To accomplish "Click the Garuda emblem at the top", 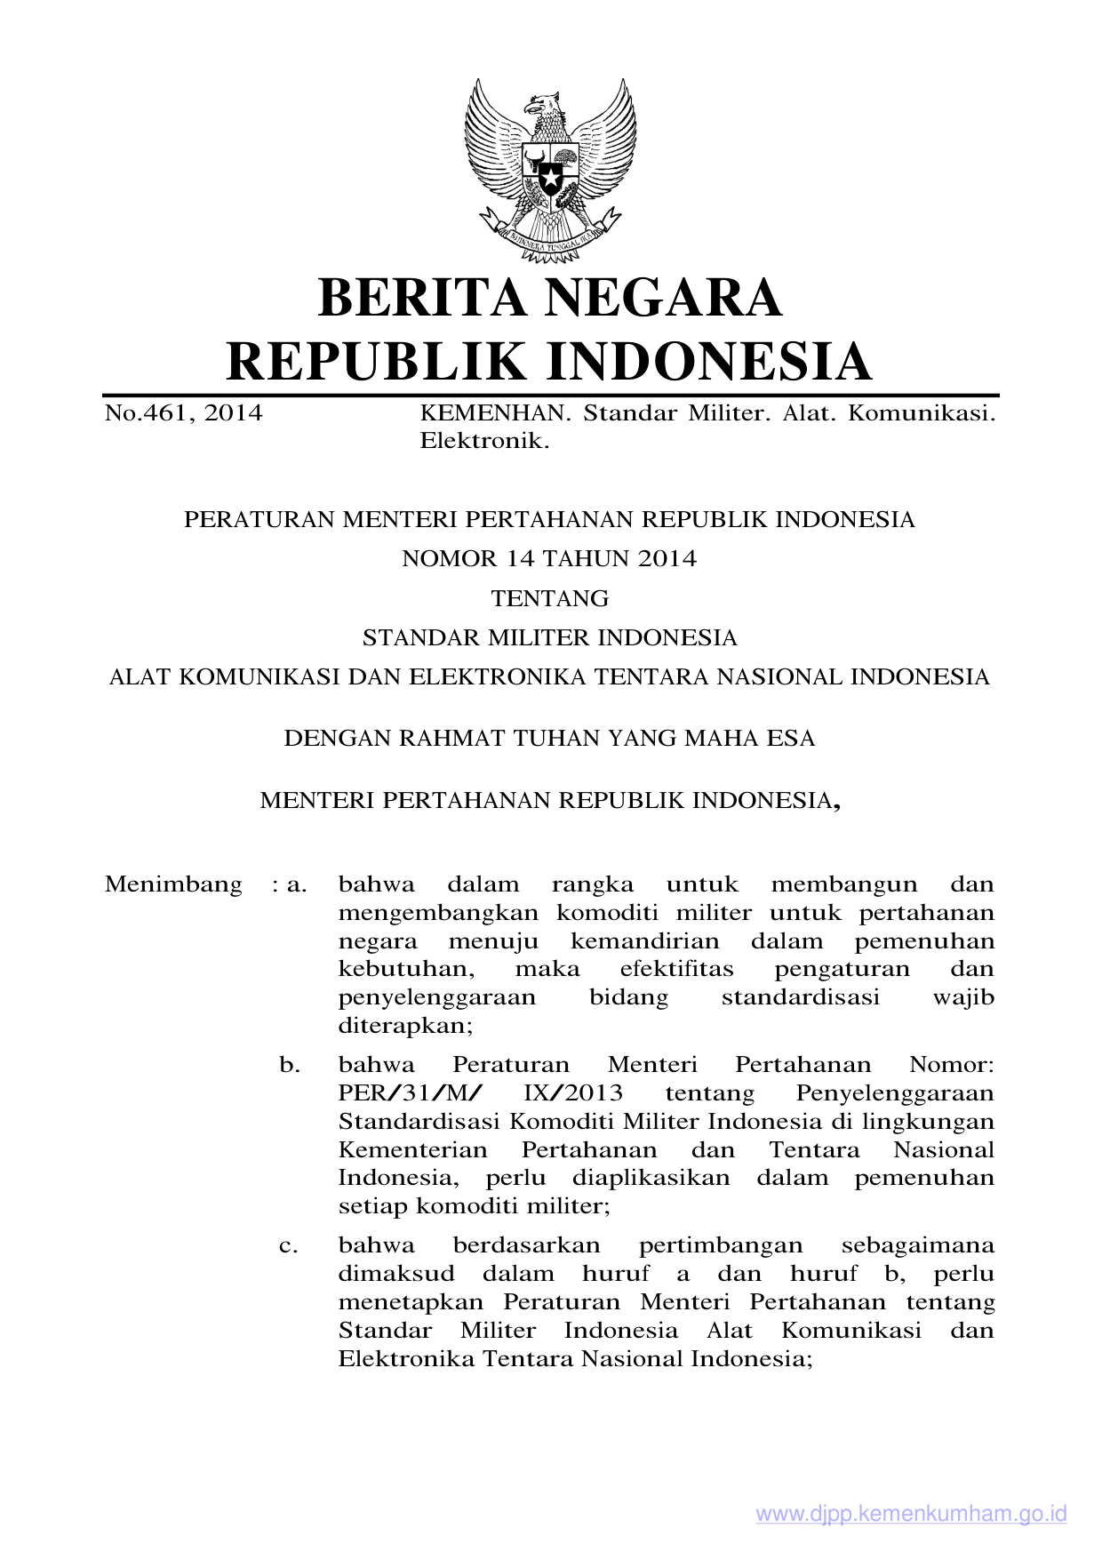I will pos(550,170).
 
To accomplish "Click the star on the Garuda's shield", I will pos(550,179).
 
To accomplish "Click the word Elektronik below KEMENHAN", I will pos(484,441).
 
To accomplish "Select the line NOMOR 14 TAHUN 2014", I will pos(549,558).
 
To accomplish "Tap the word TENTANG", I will pos(550,598).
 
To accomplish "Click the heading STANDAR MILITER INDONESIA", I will pos(549,637).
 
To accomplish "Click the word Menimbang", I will pos(173,884).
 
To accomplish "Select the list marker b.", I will pos(289,1065).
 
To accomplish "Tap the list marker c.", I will pos(289,1246).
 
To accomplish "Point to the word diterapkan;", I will pos(405,1027).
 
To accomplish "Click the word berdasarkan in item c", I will pos(526,1246).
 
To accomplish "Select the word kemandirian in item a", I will pos(644,941).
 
